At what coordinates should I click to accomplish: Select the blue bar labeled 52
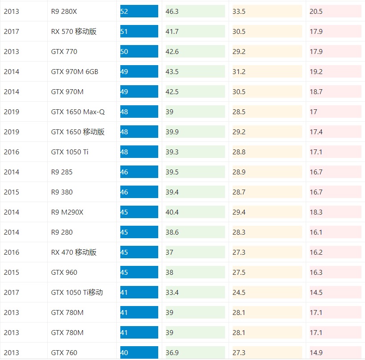(139, 11)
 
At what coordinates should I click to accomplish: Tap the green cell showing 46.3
(195, 11)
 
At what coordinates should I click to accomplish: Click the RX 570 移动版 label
(74, 31)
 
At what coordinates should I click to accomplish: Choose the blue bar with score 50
(139, 51)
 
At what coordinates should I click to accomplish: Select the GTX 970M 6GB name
(74, 71)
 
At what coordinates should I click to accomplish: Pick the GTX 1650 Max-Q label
(78, 112)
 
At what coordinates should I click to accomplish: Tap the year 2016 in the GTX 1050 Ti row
(12, 152)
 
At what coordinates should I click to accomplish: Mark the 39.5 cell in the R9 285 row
(195, 172)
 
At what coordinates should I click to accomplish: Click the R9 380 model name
(62, 192)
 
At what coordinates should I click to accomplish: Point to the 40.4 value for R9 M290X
(195, 212)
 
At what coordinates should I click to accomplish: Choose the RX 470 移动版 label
(74, 252)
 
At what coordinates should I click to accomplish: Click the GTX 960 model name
(64, 272)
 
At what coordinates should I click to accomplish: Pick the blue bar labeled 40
(139, 352)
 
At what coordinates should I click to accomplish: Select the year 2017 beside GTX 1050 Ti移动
(12, 292)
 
